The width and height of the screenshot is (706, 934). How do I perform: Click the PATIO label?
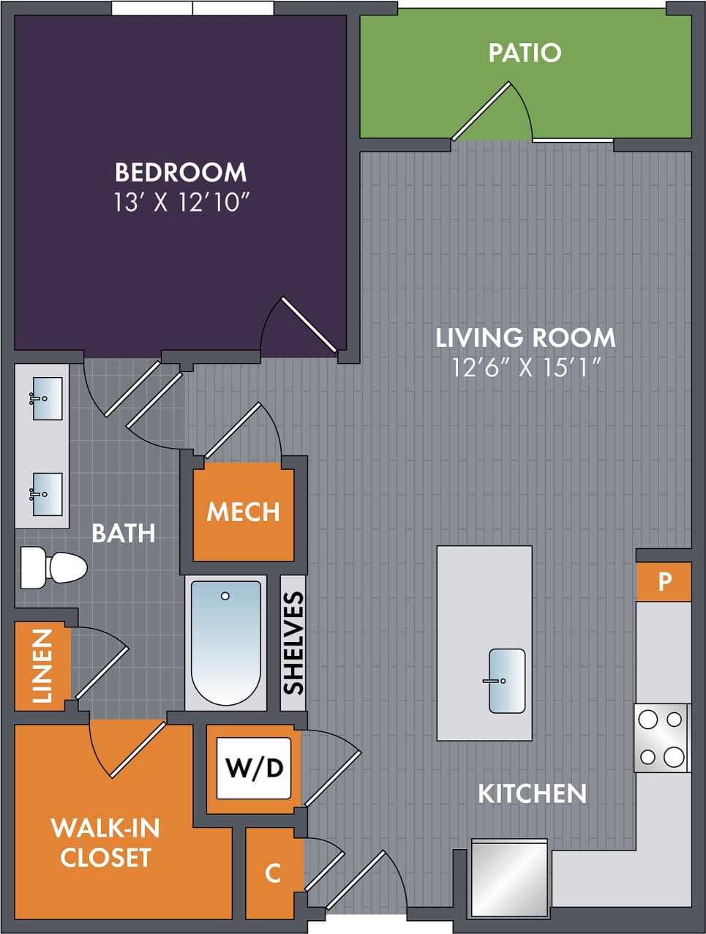point(525,53)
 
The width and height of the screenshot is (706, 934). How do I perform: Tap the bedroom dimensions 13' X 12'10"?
point(181,202)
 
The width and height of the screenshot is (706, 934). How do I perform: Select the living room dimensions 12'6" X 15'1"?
point(525,367)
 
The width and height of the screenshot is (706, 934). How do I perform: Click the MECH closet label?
point(244,512)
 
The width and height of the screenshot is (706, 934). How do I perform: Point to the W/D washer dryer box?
point(254,768)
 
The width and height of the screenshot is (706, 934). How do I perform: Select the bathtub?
point(225,643)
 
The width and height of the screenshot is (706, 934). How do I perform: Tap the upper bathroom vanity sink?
point(47,398)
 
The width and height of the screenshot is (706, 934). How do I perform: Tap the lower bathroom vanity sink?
point(47,494)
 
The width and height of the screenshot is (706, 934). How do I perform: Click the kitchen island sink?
point(506,681)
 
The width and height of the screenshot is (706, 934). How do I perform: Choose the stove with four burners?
point(661,738)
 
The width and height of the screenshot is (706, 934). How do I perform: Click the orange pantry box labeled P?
point(664,582)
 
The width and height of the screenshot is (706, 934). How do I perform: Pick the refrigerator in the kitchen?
point(509,878)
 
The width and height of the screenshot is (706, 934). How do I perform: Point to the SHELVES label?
point(293,643)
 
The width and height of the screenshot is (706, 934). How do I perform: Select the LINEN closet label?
point(42,665)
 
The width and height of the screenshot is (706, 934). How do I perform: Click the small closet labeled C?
point(273,873)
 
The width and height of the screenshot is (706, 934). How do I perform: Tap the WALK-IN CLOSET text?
point(105,843)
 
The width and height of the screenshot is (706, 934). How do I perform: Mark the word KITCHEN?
point(532,793)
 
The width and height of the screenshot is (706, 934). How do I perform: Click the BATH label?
point(123,533)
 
